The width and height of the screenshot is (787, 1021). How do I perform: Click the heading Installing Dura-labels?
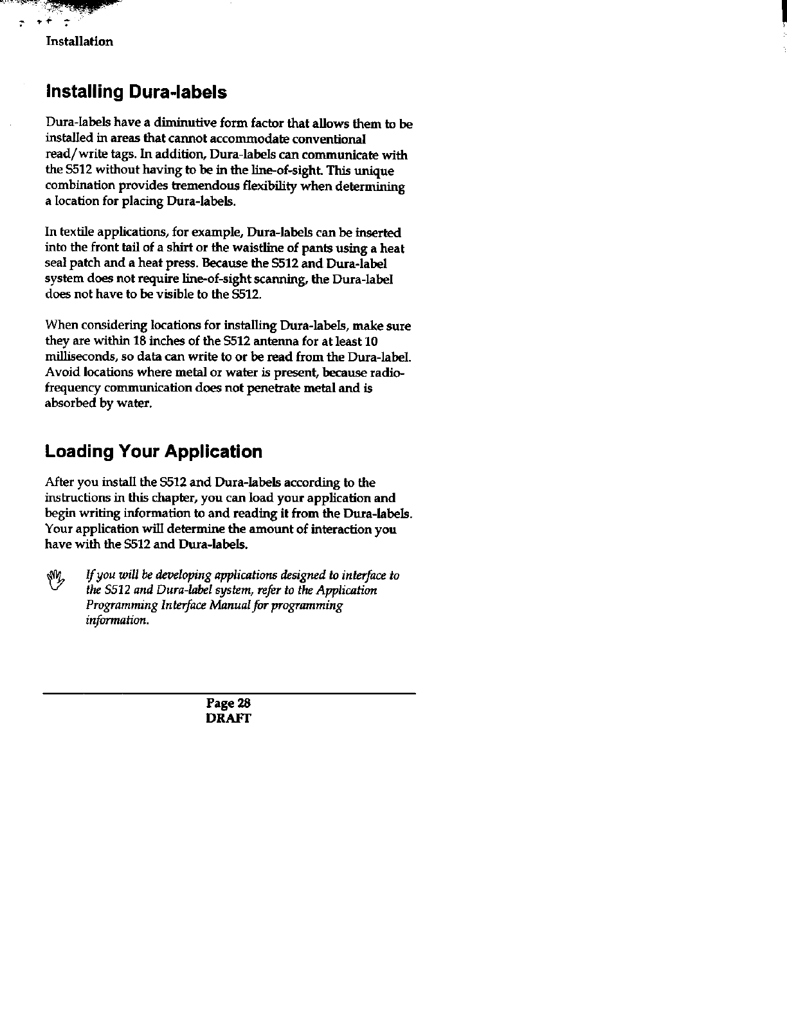coord(136,93)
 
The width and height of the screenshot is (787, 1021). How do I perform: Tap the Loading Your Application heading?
coord(154,452)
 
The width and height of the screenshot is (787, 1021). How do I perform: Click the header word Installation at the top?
coord(80,42)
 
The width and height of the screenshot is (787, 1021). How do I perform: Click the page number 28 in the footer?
coord(242,703)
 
